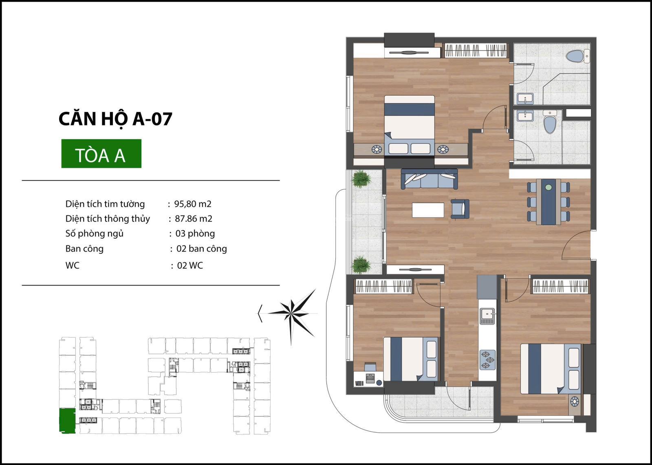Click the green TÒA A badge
[101, 154]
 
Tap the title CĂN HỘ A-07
[115, 118]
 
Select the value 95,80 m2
[193, 204]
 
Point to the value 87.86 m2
[194, 218]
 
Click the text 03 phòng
[195, 233]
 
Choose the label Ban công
[84, 249]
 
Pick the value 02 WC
[190, 265]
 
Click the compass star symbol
[292, 314]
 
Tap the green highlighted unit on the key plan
[67, 421]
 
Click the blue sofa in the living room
[429, 179]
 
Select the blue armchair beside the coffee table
[460, 209]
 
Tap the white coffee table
[428, 210]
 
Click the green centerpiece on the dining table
[548, 188]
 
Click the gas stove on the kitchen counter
[487, 360]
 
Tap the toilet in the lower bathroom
[550, 123]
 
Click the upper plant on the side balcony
[361, 179]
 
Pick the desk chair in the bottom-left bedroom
[370, 367]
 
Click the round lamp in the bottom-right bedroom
[575, 401]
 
